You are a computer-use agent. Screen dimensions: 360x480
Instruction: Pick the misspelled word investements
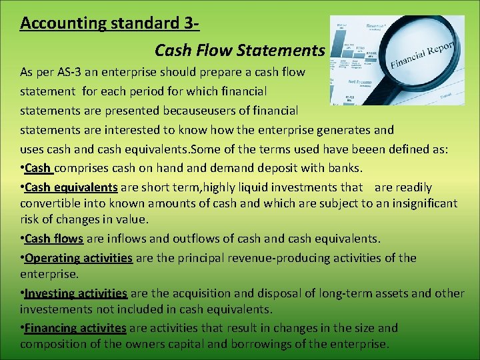pos(60,309)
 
